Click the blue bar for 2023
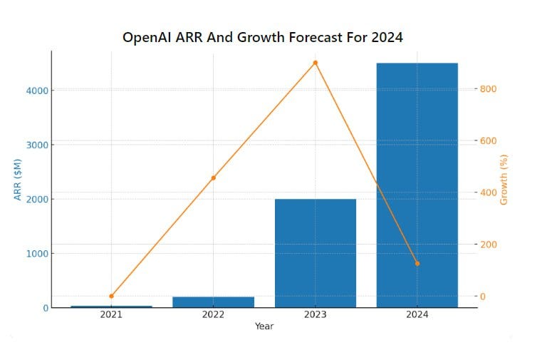[315, 253]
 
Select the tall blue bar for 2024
[417, 185]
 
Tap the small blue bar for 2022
[213, 302]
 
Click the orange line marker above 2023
[315, 63]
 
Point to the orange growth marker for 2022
[213, 178]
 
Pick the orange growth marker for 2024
[417, 264]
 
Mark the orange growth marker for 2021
[111, 296]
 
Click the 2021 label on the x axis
[111, 315]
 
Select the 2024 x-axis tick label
[417, 315]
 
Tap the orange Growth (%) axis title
[504, 180]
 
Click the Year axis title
[264, 326]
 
